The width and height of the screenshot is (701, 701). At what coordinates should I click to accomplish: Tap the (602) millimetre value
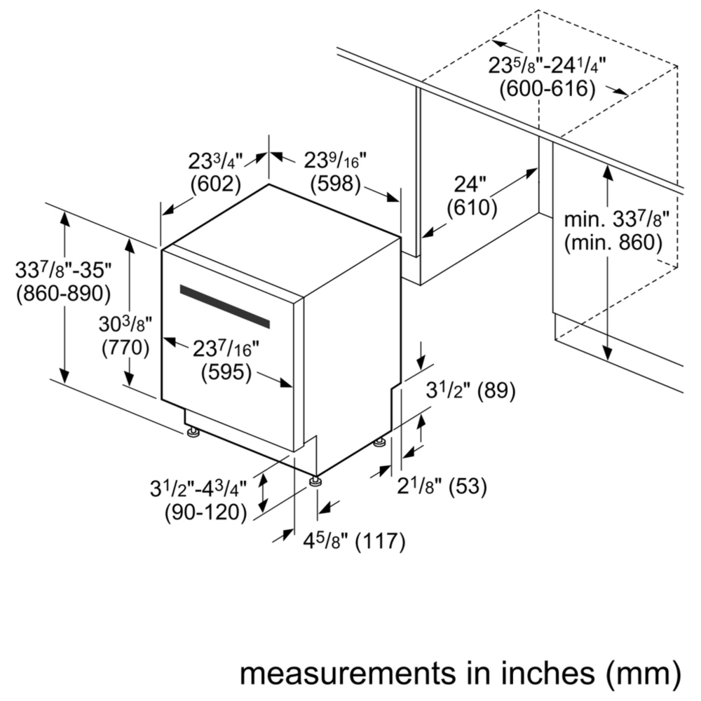(215, 184)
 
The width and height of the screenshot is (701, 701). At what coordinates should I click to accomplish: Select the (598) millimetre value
(335, 183)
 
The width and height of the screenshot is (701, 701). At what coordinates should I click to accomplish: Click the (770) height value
(125, 348)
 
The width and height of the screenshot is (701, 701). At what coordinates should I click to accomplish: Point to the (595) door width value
(226, 372)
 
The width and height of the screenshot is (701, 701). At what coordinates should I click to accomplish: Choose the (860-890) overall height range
(63, 293)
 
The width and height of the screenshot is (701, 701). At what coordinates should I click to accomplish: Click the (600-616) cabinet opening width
(547, 88)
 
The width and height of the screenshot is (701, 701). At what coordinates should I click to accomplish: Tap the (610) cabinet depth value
(472, 207)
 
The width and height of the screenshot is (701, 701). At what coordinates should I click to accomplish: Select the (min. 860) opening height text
(613, 242)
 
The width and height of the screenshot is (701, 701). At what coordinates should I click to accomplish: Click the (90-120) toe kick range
(205, 512)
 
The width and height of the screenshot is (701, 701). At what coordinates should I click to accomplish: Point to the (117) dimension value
(380, 541)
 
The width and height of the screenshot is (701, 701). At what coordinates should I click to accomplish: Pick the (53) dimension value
(468, 486)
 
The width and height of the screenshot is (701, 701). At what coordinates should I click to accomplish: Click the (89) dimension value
(496, 390)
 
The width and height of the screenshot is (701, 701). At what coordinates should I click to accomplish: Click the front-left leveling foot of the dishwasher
(193, 432)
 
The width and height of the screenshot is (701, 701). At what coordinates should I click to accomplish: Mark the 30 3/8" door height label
(125, 324)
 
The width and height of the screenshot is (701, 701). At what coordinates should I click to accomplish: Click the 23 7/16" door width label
(226, 348)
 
